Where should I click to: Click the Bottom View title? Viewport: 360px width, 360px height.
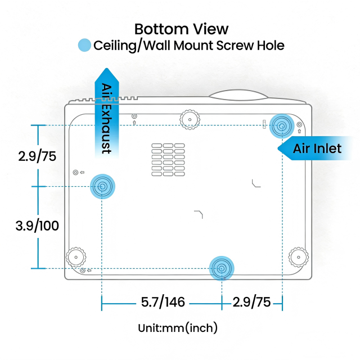pyautogui.click(x=181, y=29)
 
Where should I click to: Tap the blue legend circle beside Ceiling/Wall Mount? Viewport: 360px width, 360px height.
pyautogui.click(x=84, y=45)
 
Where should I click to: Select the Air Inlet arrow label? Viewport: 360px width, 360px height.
pyautogui.click(x=317, y=148)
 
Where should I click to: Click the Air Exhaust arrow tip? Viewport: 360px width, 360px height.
pyautogui.click(x=106, y=68)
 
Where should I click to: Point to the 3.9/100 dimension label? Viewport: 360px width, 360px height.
pyautogui.click(x=37, y=226)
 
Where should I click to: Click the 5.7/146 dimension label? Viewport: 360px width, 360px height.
pyautogui.click(x=163, y=302)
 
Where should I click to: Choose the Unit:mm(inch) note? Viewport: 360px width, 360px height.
pyautogui.click(x=178, y=327)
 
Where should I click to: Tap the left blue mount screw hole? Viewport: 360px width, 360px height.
pyautogui.click(x=102, y=186)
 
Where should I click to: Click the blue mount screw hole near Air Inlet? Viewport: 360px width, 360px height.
pyautogui.click(x=282, y=126)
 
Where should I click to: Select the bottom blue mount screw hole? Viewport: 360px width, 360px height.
pyautogui.click(x=222, y=268)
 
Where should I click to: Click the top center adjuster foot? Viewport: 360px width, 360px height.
pyautogui.click(x=190, y=119)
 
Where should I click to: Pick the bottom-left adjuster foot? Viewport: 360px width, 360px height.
pyautogui.click(x=76, y=257)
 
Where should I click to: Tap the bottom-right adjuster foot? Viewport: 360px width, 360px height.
pyautogui.click(x=299, y=257)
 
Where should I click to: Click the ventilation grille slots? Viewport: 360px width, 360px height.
pyautogui.click(x=168, y=160)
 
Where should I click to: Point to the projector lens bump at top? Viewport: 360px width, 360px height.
pyautogui.click(x=238, y=95)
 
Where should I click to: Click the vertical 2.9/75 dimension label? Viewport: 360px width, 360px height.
pyautogui.click(x=37, y=156)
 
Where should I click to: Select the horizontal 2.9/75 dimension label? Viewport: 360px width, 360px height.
pyautogui.click(x=251, y=302)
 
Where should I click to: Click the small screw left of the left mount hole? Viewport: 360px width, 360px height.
pyautogui.click(x=75, y=172)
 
